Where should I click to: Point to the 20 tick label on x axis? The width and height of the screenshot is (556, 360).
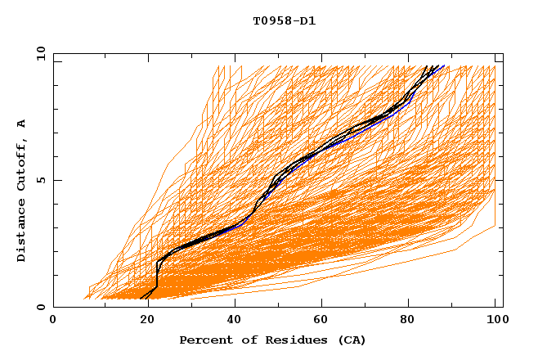point(142,320)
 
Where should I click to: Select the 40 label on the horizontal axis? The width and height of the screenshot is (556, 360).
point(231,320)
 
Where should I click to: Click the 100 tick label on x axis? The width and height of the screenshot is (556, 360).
point(495,320)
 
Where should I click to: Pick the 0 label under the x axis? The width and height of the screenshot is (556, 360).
point(53,320)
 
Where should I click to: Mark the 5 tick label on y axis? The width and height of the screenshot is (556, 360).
point(40,180)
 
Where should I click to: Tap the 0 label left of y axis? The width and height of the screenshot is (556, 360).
point(40,307)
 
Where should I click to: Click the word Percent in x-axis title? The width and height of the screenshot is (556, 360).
point(204,340)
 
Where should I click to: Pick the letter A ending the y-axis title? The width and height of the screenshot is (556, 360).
point(22,124)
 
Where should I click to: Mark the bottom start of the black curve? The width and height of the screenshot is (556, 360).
point(141,298)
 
